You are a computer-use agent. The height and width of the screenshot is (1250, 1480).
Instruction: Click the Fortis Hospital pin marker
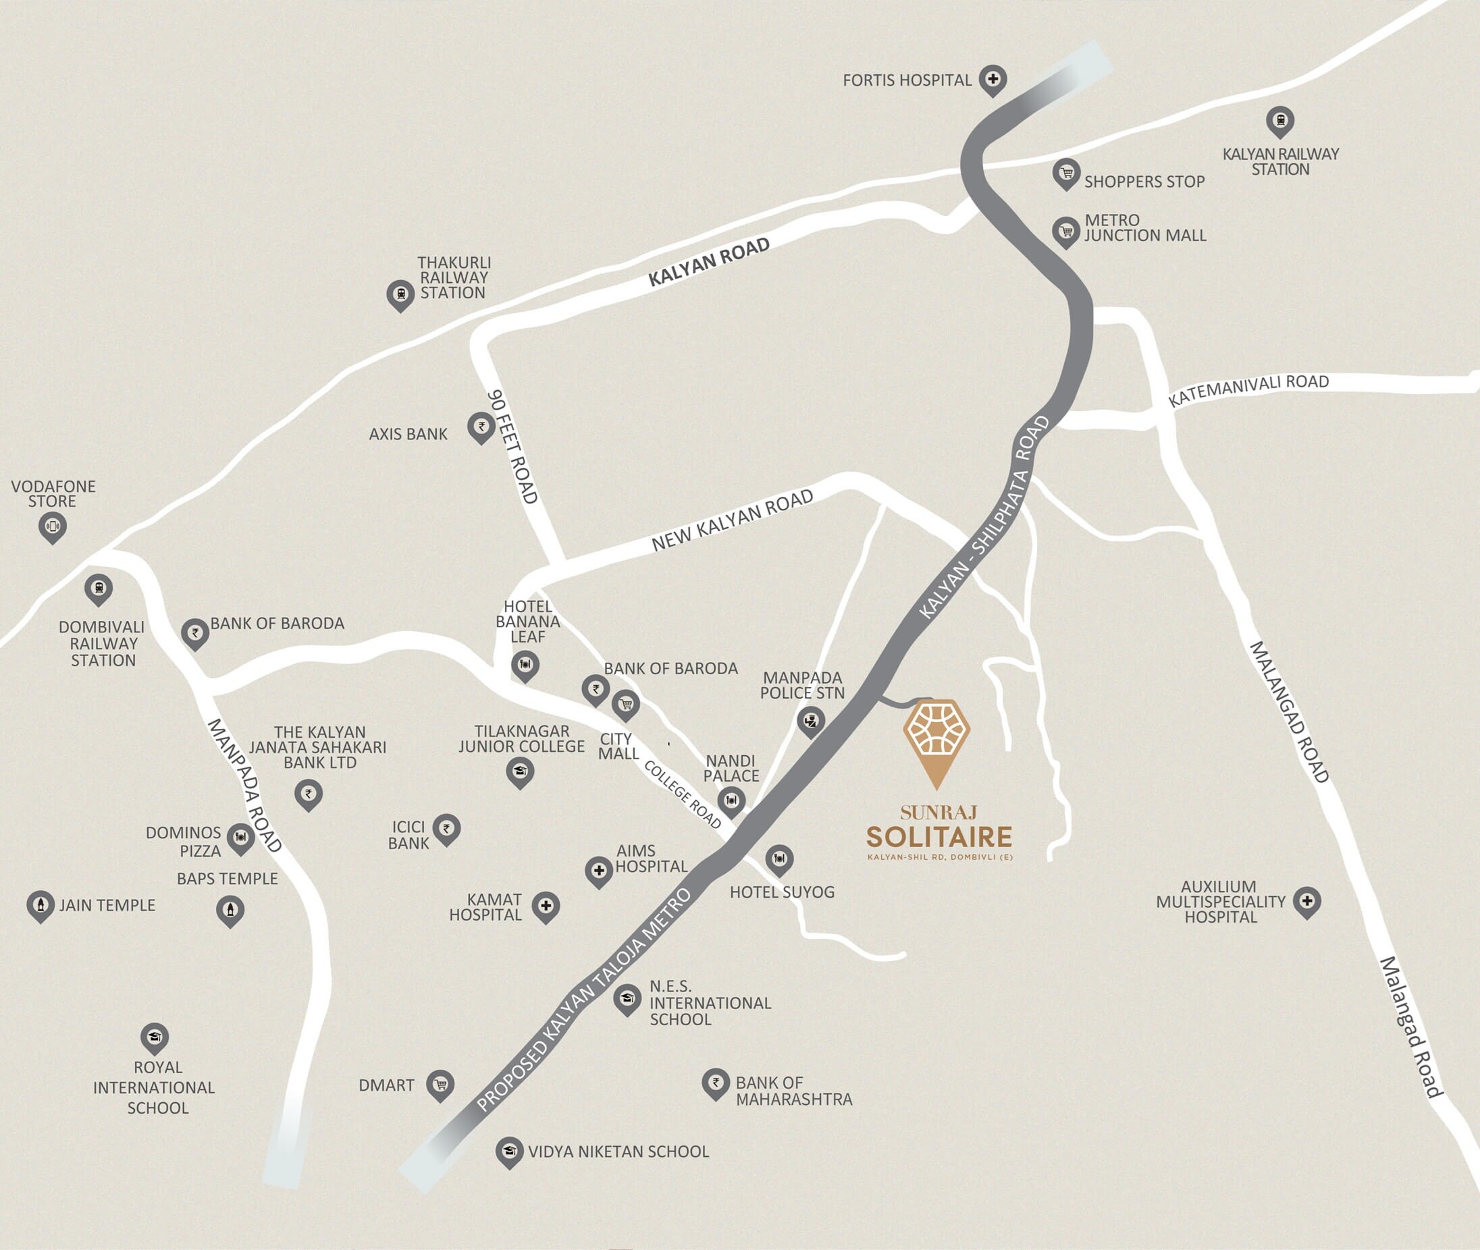(x=993, y=80)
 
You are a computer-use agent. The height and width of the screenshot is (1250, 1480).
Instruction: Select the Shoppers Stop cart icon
(x=1066, y=173)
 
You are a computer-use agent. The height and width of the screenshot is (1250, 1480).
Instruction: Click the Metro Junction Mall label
(x=1144, y=228)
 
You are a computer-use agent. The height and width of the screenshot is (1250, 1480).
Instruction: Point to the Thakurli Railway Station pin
(x=400, y=294)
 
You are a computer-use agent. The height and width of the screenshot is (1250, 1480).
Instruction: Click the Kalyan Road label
(x=709, y=262)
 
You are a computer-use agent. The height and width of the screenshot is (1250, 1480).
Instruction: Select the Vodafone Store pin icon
(x=53, y=526)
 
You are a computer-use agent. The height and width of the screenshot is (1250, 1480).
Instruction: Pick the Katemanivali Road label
(x=1248, y=390)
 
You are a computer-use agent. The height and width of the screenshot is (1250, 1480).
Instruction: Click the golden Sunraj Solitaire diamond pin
(x=936, y=737)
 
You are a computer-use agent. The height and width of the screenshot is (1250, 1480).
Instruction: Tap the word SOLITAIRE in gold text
(x=939, y=837)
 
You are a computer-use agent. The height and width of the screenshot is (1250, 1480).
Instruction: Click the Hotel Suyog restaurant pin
(x=779, y=859)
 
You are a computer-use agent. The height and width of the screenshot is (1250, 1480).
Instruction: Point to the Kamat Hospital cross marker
(x=546, y=906)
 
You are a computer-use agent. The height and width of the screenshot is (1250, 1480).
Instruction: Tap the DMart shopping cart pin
(x=440, y=1083)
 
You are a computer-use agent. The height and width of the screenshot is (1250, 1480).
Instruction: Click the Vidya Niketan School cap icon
(x=509, y=1151)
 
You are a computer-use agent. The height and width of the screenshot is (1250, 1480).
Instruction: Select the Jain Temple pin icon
(x=41, y=905)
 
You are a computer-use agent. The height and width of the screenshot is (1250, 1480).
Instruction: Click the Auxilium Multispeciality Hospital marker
(x=1306, y=901)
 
